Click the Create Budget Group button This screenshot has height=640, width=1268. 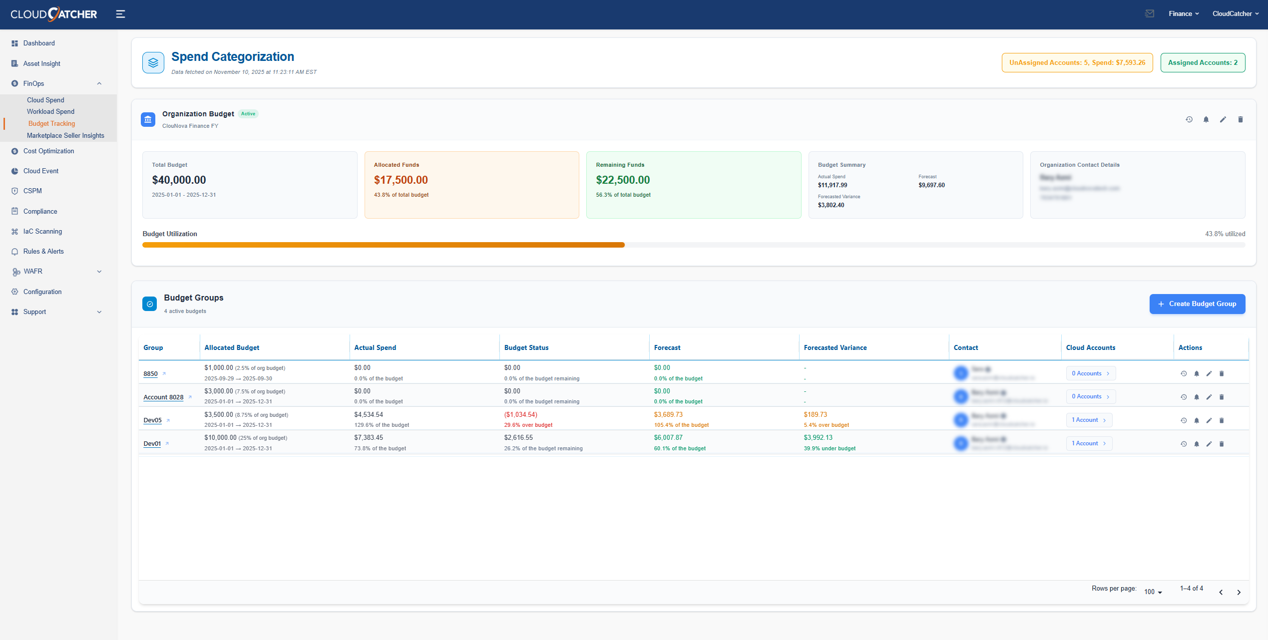coord(1197,304)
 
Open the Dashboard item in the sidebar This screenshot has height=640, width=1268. coord(39,43)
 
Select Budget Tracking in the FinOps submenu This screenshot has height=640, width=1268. coord(51,124)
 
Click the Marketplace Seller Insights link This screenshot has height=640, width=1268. coord(65,136)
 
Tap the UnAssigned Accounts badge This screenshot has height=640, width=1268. coord(1077,63)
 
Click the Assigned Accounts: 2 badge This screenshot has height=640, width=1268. coord(1202,63)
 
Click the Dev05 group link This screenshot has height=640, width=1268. coord(152,420)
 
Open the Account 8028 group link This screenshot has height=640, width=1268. coord(163,397)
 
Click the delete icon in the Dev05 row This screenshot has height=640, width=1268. coord(1222,421)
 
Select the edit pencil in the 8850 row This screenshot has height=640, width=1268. coord(1209,374)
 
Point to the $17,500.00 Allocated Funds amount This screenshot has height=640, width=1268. coord(401,180)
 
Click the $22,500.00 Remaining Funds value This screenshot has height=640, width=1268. coord(622,180)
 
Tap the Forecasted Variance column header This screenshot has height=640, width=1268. coord(835,348)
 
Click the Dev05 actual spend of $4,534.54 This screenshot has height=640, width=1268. coord(369,415)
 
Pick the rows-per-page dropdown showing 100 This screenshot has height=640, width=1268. coord(1153,592)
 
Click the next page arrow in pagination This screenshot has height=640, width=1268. coord(1239,593)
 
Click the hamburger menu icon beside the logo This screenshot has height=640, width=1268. coord(120,14)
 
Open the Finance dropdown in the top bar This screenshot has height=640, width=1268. coord(1183,14)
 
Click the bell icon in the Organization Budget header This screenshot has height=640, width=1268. coord(1206,120)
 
